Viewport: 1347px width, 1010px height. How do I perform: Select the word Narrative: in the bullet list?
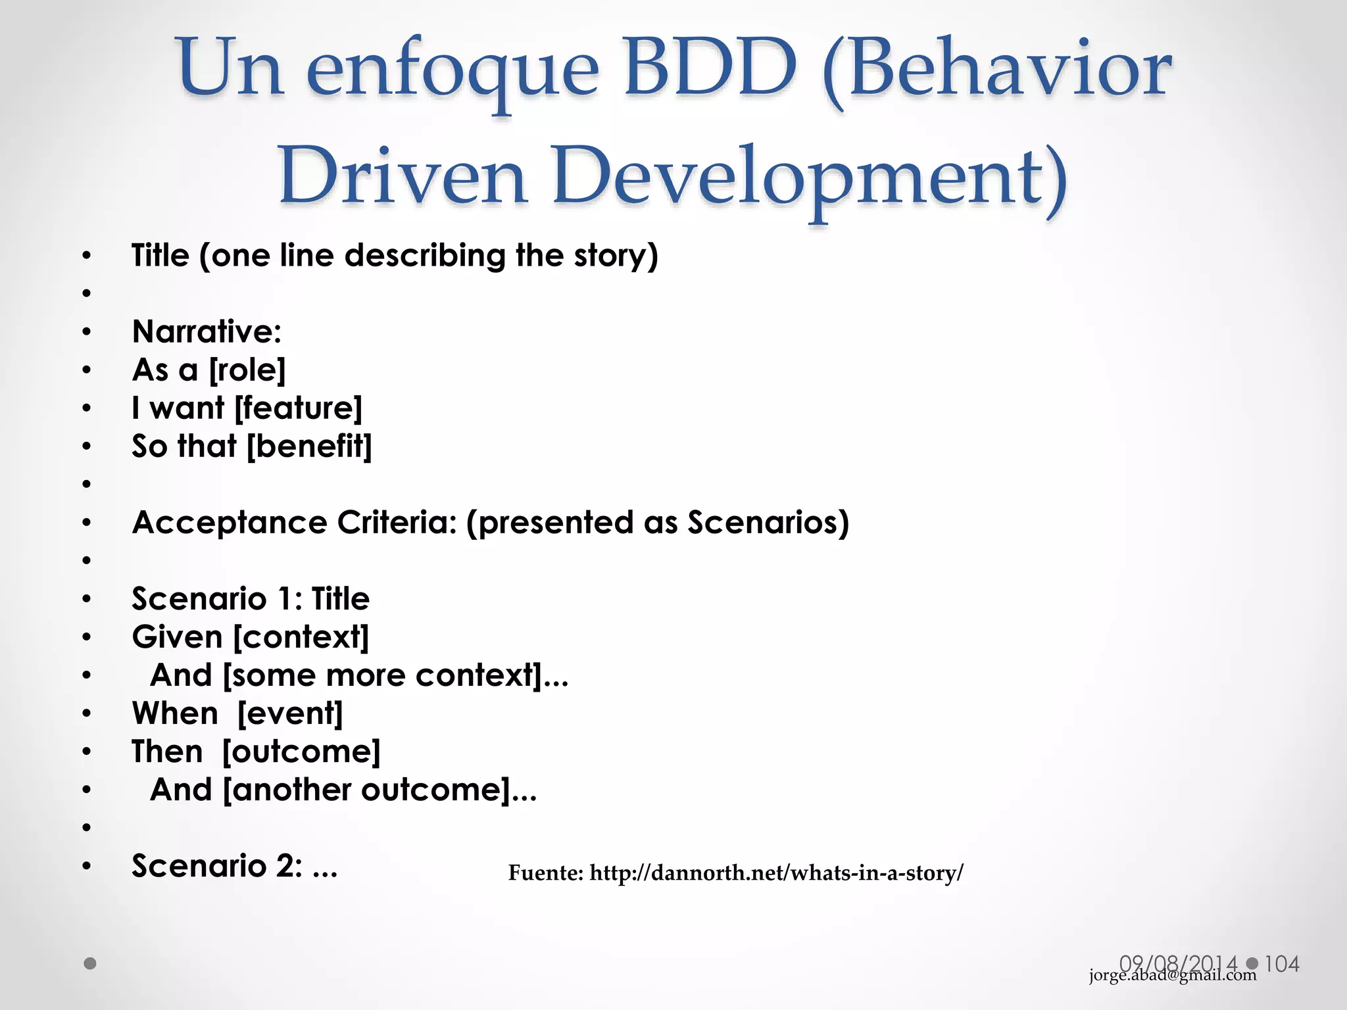click(207, 331)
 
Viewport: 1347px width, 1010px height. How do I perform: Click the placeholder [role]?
click(247, 370)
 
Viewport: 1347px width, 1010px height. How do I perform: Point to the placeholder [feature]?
click(299, 408)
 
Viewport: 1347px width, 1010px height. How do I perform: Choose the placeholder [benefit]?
click(309, 446)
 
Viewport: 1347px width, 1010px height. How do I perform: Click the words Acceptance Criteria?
click(294, 523)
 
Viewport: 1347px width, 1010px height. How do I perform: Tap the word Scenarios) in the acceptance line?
click(768, 523)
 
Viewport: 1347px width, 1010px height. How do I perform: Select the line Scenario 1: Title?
click(251, 599)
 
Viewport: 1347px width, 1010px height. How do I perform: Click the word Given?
click(177, 637)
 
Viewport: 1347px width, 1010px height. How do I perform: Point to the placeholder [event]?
click(290, 713)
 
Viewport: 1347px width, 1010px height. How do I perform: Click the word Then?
click(167, 752)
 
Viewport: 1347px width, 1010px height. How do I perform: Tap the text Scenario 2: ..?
click(217, 866)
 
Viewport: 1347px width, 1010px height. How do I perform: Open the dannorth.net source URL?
click(776, 873)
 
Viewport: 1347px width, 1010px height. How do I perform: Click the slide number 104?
click(1282, 964)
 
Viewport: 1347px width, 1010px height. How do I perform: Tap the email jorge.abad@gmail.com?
click(1173, 975)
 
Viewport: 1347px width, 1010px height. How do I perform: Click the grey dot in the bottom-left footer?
click(90, 964)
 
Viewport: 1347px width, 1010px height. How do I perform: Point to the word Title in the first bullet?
click(160, 255)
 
